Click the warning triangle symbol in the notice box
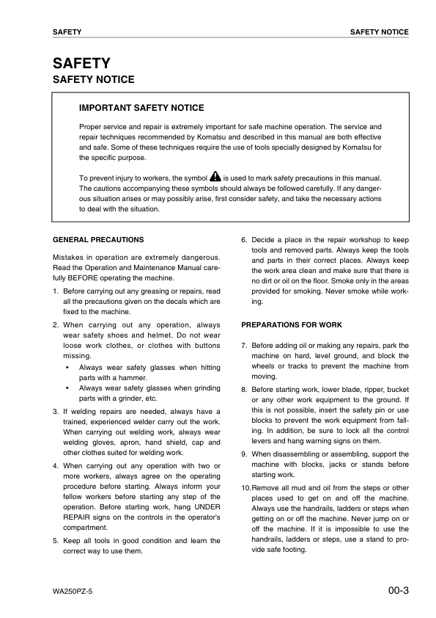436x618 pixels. pyautogui.click(x=215, y=177)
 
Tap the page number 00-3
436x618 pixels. pyautogui.click(x=398, y=589)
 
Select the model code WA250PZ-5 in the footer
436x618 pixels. pyautogui.click(x=73, y=591)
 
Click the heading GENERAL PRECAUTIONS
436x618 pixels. pyautogui.click(x=99, y=239)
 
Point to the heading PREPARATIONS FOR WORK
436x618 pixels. pyautogui.click(x=292, y=324)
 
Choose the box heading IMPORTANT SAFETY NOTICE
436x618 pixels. pyautogui.click(x=141, y=108)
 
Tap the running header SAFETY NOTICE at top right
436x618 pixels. pyautogui.click(x=379, y=32)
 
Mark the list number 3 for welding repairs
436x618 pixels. pyautogui.click(x=56, y=412)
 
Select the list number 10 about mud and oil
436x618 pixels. pyautogui.click(x=245, y=488)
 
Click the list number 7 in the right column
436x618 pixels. pyautogui.click(x=243, y=345)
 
